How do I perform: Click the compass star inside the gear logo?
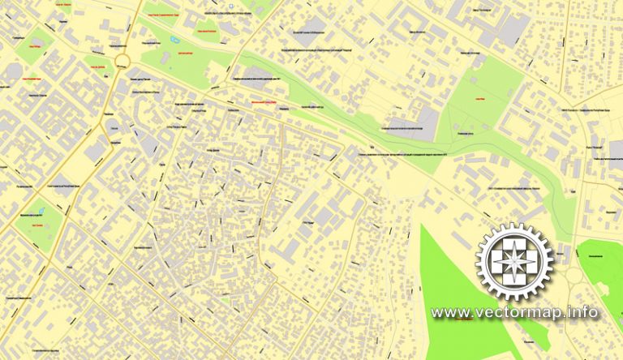point(514,262)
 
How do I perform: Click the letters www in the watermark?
point(448,313)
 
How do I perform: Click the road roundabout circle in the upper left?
point(122,62)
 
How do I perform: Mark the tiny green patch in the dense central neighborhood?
point(225,301)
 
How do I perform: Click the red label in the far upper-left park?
point(34,46)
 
